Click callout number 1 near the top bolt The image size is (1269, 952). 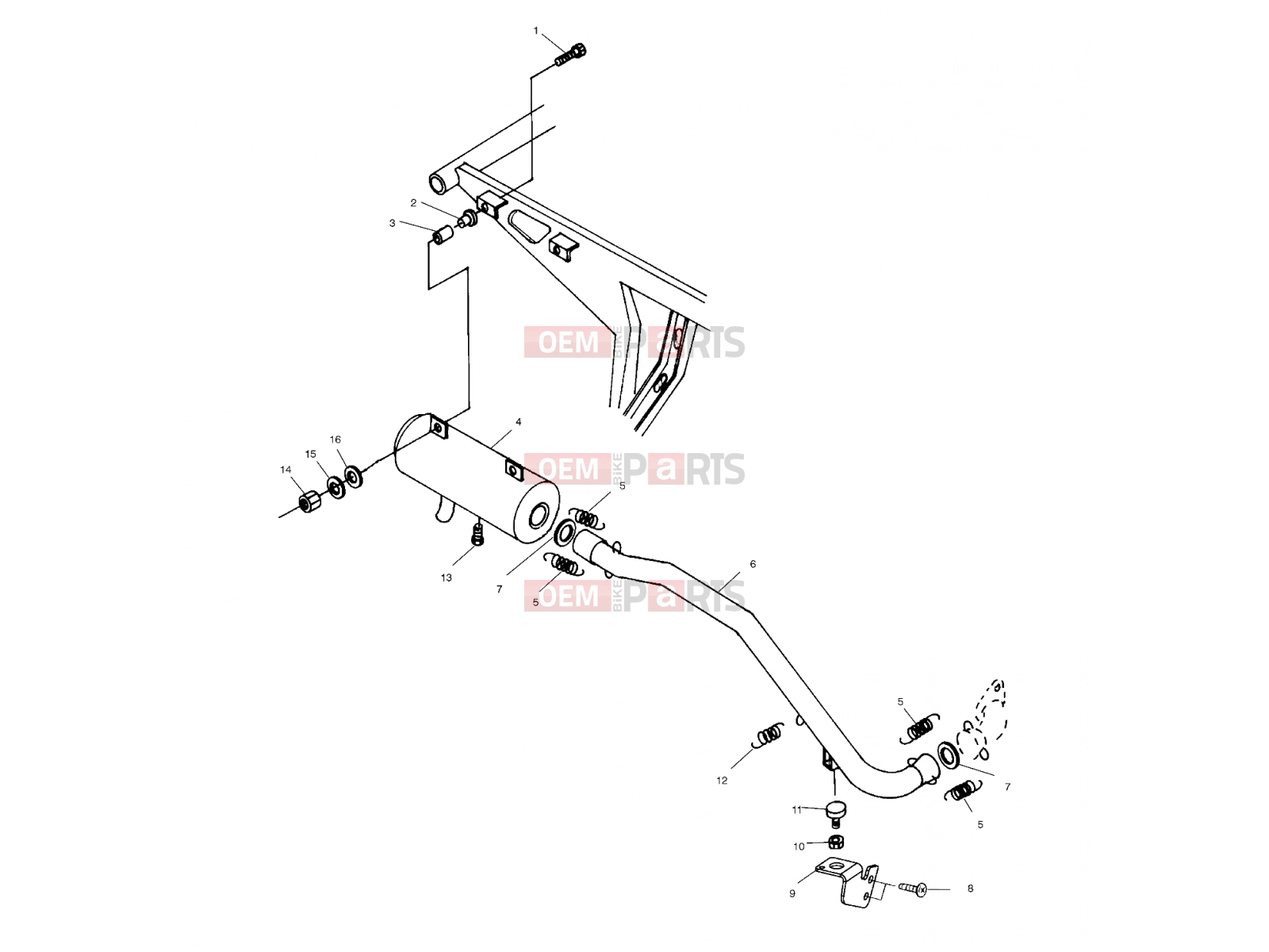click(x=535, y=31)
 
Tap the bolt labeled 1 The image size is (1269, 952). click(x=570, y=54)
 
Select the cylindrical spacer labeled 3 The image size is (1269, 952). click(x=443, y=236)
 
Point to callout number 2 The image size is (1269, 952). click(x=413, y=203)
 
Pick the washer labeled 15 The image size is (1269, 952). click(x=336, y=487)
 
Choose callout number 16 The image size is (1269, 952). click(x=335, y=440)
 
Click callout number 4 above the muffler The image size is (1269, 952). click(x=518, y=422)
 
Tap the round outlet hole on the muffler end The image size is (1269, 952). click(x=539, y=516)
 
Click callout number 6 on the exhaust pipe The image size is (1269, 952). click(x=752, y=564)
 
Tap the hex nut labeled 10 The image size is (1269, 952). click(x=836, y=841)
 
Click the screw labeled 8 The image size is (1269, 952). click(x=913, y=889)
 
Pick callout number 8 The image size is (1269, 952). click(x=970, y=889)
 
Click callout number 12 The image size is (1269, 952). click(x=722, y=781)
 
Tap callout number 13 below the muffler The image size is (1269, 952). click(x=446, y=578)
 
